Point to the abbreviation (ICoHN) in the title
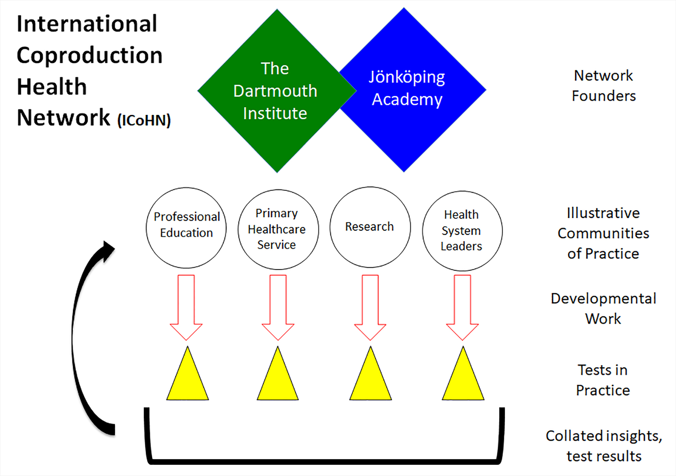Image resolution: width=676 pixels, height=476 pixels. click(x=144, y=121)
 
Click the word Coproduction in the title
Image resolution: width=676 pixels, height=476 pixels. click(x=90, y=55)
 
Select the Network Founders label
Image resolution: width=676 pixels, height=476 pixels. click(x=604, y=86)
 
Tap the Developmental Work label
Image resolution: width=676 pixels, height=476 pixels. click(x=603, y=308)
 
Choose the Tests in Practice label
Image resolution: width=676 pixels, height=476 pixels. click(x=603, y=380)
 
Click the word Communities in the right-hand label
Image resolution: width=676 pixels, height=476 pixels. click(x=603, y=233)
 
